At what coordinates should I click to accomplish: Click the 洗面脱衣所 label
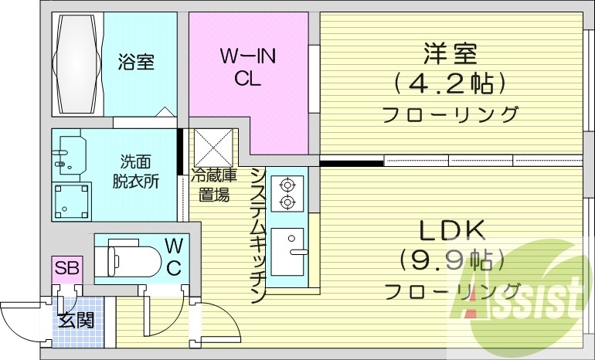click(x=135, y=172)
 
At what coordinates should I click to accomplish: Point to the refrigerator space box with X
click(x=213, y=147)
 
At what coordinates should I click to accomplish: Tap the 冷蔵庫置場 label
click(x=211, y=185)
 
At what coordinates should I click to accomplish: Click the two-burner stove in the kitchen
click(x=288, y=193)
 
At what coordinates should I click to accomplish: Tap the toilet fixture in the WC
click(x=131, y=253)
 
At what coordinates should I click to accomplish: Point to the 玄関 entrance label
click(x=77, y=319)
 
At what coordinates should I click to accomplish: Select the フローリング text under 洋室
click(x=450, y=114)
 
